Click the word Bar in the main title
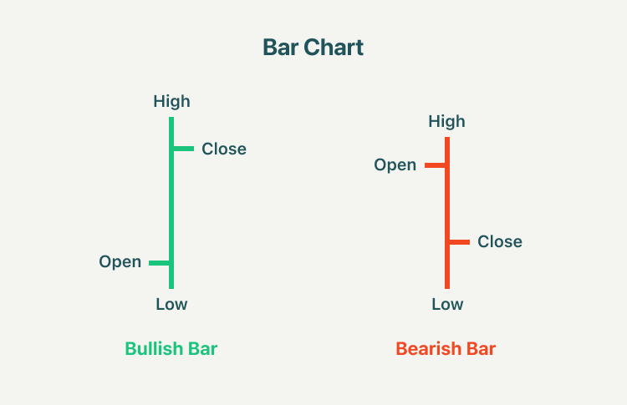click(281, 48)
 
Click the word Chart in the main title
click(334, 48)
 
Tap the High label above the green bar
click(171, 101)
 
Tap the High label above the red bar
click(446, 121)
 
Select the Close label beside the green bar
click(224, 149)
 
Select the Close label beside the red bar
click(500, 241)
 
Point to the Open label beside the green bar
click(120, 262)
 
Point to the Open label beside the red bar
click(395, 165)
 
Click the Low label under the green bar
click(171, 304)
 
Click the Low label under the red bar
click(447, 304)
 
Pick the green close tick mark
click(184, 149)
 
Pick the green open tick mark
click(159, 263)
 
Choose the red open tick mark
click(435, 165)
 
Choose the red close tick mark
click(460, 242)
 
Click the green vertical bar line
click(171, 203)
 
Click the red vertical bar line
click(447, 213)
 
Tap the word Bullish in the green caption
click(154, 349)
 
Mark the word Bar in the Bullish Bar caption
click(203, 349)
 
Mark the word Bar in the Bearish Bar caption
click(481, 349)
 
